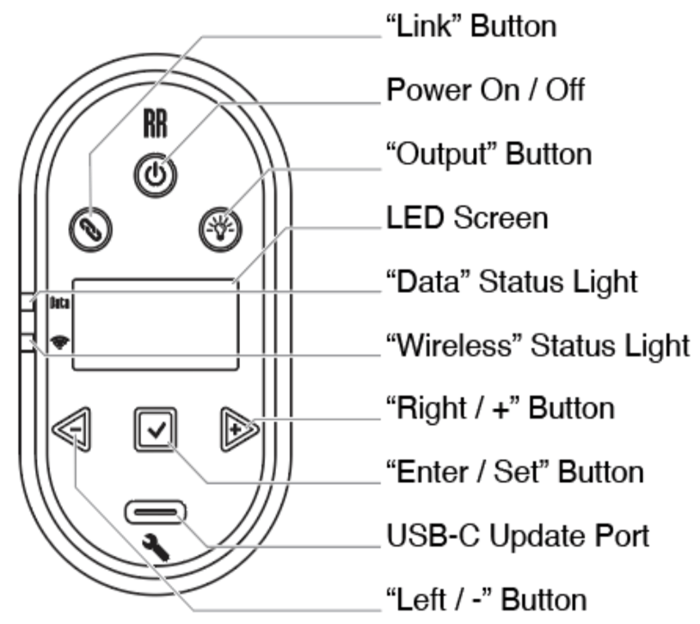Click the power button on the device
[x=156, y=175]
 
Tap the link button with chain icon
[x=90, y=229]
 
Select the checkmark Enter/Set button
[x=156, y=430]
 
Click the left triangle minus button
[x=72, y=430]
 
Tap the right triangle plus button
[x=239, y=430]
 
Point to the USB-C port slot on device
[x=156, y=512]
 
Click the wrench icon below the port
[x=156, y=548]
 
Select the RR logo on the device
[x=156, y=124]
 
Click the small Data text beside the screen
[x=59, y=303]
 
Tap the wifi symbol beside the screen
[x=60, y=342]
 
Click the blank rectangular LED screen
[x=156, y=325]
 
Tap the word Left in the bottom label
[x=416, y=599]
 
